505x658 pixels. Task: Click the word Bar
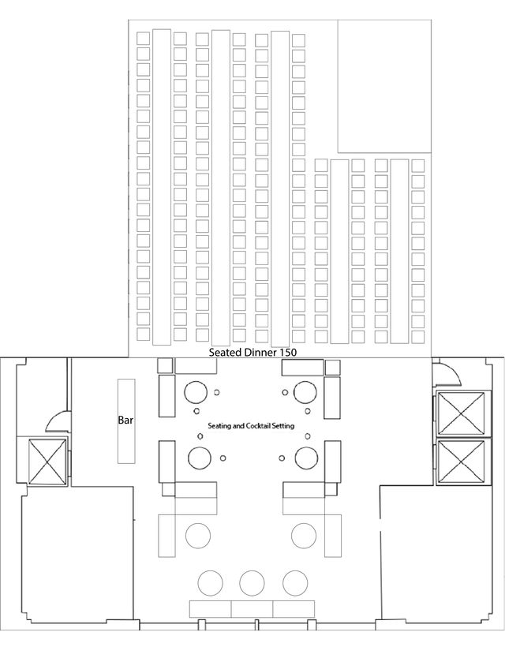pyautogui.click(x=125, y=420)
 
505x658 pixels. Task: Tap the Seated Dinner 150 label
pyautogui.click(x=252, y=352)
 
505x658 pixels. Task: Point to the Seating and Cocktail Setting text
pyautogui.click(x=251, y=426)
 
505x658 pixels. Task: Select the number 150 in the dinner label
pyautogui.click(x=288, y=352)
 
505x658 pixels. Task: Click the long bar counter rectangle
pyautogui.click(x=126, y=421)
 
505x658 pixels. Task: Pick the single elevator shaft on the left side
pyautogui.click(x=47, y=462)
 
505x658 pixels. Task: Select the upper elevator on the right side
pyautogui.click(x=462, y=413)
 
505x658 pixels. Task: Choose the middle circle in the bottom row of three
pyautogui.click(x=252, y=583)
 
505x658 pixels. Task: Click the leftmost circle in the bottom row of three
pyautogui.click(x=211, y=583)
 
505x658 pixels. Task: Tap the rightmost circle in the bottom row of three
pyautogui.click(x=295, y=583)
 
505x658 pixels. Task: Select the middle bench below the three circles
pyautogui.click(x=252, y=609)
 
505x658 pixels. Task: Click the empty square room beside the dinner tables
pyautogui.click(x=384, y=86)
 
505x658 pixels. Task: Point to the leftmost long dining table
pyautogui.click(x=162, y=187)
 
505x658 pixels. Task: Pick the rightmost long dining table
pyautogui.click(x=399, y=252)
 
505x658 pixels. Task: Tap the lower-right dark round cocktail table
pyautogui.click(x=306, y=458)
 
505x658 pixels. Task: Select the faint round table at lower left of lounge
pyautogui.click(x=198, y=536)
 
